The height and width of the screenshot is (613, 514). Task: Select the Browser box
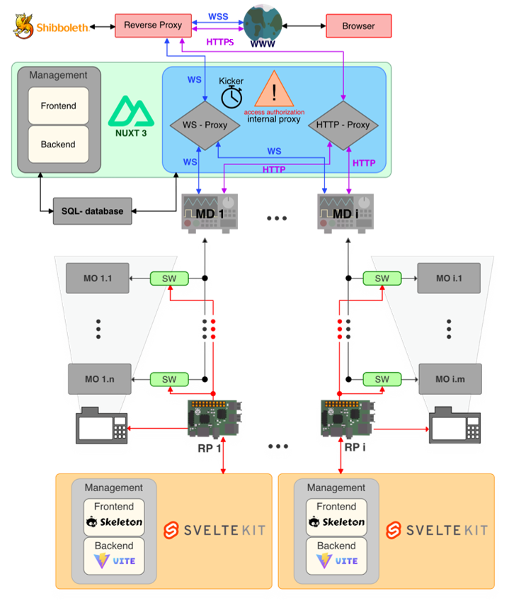tap(358, 26)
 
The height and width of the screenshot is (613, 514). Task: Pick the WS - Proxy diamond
tap(205, 125)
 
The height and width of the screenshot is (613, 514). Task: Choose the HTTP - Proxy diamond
tap(343, 125)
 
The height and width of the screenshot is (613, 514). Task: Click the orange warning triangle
tap(274, 90)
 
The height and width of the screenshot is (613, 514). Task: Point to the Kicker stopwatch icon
tap(232, 96)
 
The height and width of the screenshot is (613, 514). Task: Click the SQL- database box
tap(92, 211)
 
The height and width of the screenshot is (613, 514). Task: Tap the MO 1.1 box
tap(98, 279)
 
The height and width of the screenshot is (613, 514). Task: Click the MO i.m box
tap(450, 379)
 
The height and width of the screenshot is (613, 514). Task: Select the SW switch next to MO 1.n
tap(169, 379)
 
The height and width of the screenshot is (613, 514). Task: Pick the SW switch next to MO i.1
tap(382, 279)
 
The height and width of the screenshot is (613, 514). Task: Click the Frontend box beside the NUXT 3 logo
tap(58, 106)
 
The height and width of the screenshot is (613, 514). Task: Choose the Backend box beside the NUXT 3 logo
tap(58, 145)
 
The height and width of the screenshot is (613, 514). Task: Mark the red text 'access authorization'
tap(274, 112)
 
